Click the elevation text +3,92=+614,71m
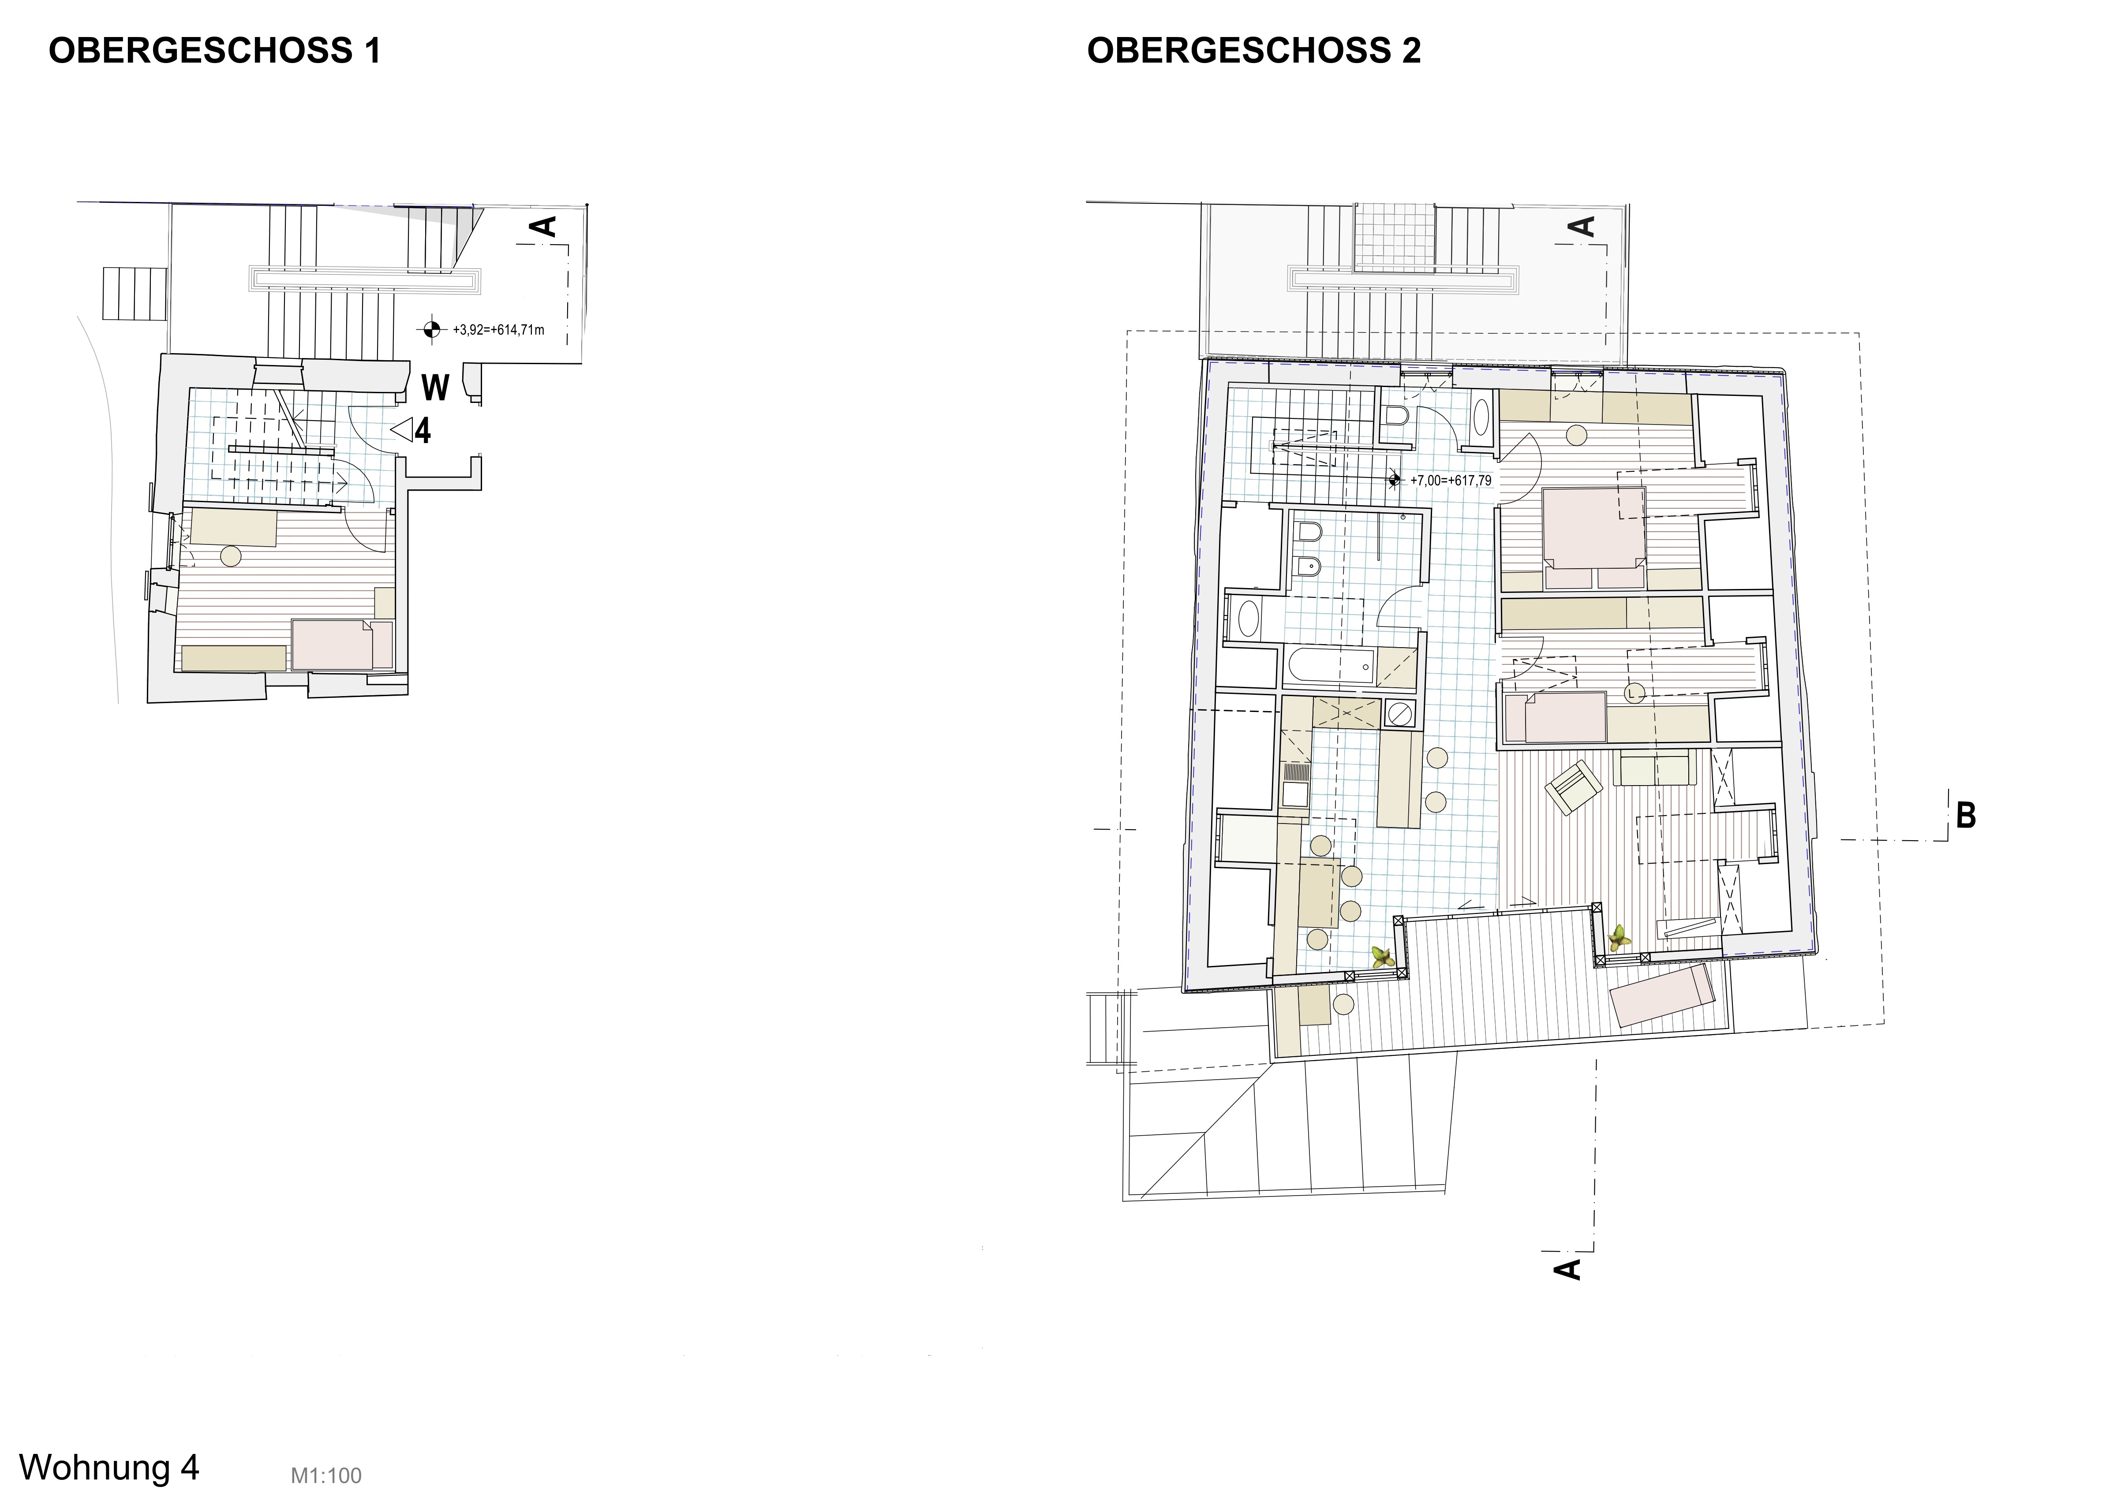[x=498, y=329]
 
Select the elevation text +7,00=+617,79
[x=1451, y=481]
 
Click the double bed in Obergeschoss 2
[x=1593, y=538]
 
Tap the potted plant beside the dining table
[x=1381, y=957]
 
